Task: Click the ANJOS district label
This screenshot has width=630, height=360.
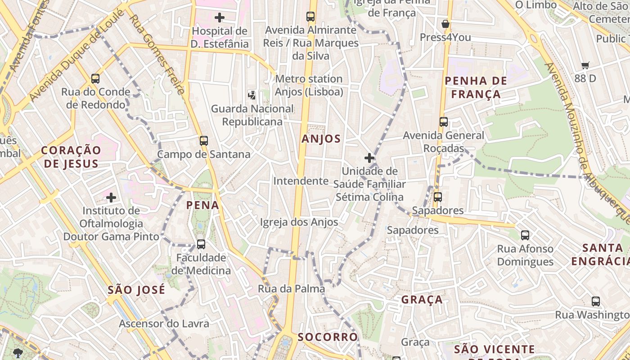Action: [x=321, y=139]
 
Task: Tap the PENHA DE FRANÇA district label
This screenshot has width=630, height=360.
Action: [x=476, y=87]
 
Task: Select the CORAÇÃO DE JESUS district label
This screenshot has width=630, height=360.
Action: [x=71, y=157]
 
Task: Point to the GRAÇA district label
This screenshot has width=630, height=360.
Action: [x=422, y=300]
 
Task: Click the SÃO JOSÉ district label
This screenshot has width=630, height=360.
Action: [x=136, y=290]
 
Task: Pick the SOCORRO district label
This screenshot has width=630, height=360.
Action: [x=328, y=337]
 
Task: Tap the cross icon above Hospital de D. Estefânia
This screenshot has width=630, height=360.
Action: [x=220, y=18]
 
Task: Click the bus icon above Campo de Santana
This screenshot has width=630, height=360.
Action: [x=204, y=141]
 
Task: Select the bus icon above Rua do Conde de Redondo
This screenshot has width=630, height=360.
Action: [x=95, y=79]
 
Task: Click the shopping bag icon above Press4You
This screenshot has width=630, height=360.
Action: [x=445, y=24]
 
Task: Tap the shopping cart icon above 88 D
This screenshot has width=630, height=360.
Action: [x=585, y=66]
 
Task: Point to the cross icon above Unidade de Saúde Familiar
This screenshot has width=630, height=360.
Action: [x=369, y=158]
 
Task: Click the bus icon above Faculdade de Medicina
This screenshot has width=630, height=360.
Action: [x=201, y=244]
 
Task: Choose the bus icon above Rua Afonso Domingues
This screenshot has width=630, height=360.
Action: [x=525, y=235]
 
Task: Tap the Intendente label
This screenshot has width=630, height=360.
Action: [x=301, y=181]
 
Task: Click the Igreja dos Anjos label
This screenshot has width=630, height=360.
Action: [x=299, y=222]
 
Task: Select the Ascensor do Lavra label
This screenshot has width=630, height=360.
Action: [x=164, y=324]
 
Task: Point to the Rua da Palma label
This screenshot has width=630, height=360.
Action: [x=291, y=289]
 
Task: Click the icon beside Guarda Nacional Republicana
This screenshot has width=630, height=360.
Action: [x=252, y=95]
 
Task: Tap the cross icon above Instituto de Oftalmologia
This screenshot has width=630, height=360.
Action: [x=111, y=197]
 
